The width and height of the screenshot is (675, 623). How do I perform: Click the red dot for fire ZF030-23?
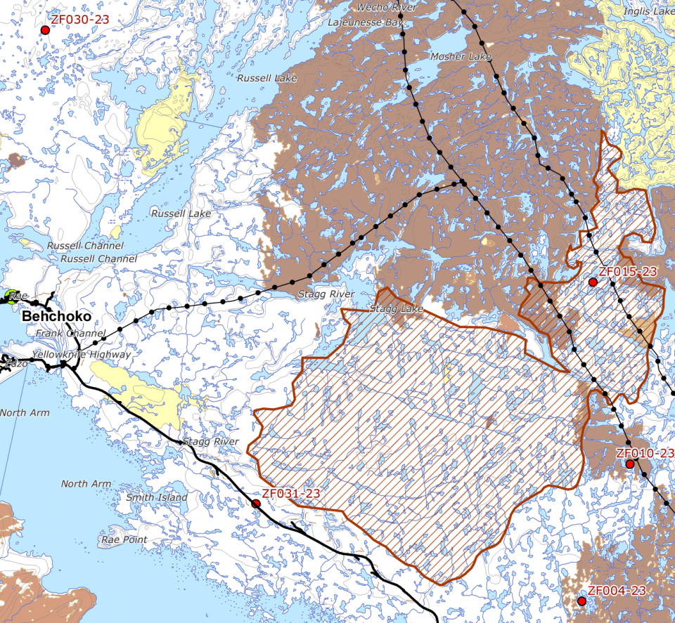tap(46, 30)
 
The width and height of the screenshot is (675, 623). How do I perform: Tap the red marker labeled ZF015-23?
tap(593, 282)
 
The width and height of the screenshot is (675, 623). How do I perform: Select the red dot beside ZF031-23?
tap(256, 504)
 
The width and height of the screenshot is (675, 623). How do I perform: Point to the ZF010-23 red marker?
tap(630, 464)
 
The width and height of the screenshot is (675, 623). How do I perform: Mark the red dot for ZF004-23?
tap(581, 601)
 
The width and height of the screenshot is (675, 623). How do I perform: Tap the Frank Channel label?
tap(70, 333)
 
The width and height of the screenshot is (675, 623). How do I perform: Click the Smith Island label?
tap(157, 497)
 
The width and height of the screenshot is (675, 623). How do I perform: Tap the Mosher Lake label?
tap(461, 56)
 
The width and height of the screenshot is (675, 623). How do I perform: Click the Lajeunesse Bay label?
tap(366, 22)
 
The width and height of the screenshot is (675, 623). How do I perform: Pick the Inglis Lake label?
tap(648, 11)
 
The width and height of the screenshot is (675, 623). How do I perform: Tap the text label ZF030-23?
tap(80, 20)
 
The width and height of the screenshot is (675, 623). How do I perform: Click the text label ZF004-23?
tap(617, 591)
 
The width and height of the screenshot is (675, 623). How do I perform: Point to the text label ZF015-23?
tap(627, 272)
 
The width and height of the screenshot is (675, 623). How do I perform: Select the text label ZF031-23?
tap(290, 494)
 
